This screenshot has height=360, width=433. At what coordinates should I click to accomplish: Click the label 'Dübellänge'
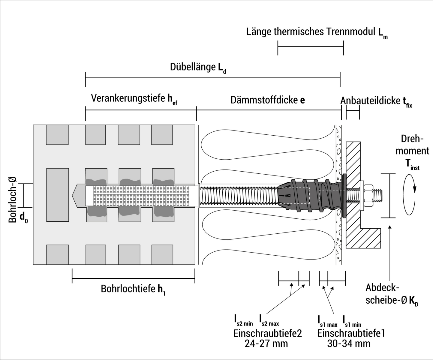click(x=192, y=67)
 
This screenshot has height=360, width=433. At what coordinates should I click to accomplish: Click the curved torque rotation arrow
click(x=410, y=195)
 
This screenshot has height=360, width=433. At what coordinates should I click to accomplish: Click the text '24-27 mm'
click(x=266, y=343)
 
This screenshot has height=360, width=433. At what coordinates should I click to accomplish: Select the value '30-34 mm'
click(x=349, y=343)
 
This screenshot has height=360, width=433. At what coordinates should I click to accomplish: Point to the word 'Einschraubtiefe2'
click(x=267, y=333)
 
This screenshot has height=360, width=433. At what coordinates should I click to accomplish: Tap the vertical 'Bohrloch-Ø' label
click(x=13, y=199)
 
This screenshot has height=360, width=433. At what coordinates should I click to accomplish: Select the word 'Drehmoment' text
click(x=412, y=145)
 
